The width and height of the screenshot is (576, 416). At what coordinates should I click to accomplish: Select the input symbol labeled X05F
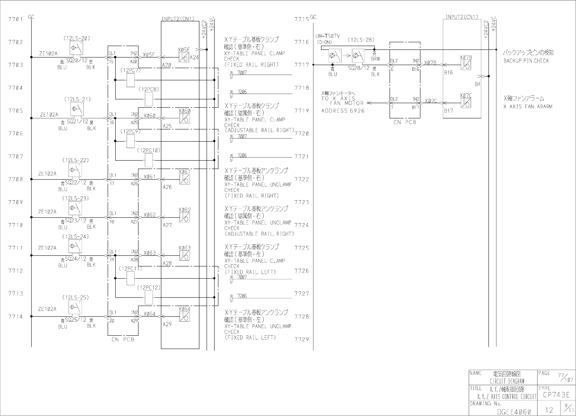(184, 57)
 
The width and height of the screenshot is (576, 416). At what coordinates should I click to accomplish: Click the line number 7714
(16, 316)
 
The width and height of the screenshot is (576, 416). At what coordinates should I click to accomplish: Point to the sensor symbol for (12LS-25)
(75, 307)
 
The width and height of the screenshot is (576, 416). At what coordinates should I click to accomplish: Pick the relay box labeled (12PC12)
(149, 297)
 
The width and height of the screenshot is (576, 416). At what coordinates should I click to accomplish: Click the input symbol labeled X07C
(466, 103)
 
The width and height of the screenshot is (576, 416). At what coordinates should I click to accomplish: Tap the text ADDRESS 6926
(343, 111)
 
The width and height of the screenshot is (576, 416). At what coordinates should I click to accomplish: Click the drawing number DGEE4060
(514, 411)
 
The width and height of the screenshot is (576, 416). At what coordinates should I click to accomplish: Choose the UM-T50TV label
(328, 36)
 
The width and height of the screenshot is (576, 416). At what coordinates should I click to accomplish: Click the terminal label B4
(478, 84)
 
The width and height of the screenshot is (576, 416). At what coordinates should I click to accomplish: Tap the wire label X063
(150, 253)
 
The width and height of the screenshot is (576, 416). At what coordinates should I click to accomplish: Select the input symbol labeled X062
(185, 217)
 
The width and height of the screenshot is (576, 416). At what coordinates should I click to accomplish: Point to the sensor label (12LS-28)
(361, 39)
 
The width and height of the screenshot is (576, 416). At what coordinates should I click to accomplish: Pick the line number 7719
(301, 111)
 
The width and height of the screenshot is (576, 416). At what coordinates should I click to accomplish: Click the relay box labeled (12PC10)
(149, 160)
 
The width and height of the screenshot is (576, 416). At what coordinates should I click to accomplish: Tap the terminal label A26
(167, 187)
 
